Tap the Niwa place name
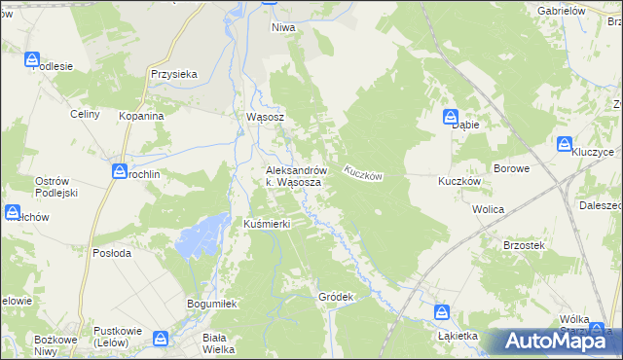[282, 28]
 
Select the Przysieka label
[174, 73]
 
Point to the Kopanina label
[141, 115]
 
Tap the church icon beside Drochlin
[119, 171]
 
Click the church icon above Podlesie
[34, 60]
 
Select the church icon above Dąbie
[453, 118]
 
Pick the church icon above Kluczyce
[565, 145]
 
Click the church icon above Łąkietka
[442, 312]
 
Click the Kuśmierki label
[267, 224]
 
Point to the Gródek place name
[334, 296]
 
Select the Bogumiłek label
[212, 305]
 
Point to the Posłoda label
[110, 253]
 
